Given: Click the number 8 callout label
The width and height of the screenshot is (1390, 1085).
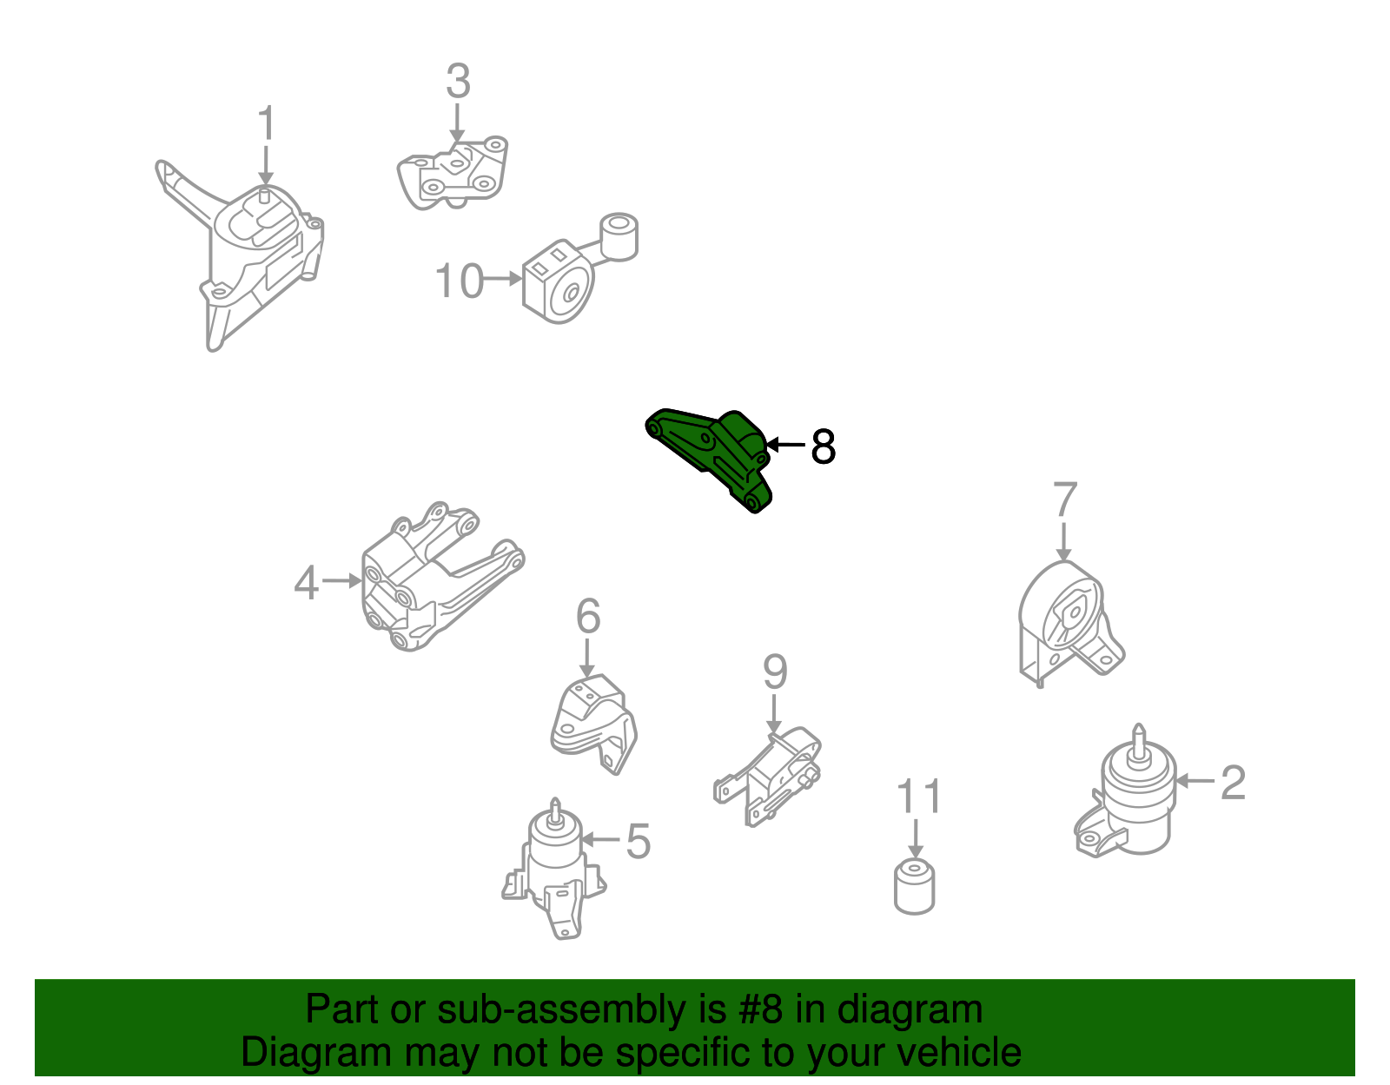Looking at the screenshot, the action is pos(823,446).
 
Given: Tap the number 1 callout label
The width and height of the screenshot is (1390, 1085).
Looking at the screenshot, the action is pos(266,122).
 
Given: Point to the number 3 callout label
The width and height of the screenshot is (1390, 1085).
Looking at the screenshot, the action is pos(458,81).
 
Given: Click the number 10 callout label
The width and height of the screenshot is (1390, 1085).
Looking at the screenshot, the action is pos(460,281).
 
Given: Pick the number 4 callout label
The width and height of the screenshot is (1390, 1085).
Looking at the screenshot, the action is pos(306,583).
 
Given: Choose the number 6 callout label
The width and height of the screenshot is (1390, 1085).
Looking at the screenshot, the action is pos(588,616).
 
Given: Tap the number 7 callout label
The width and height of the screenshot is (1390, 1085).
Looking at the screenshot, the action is pos(1064,499).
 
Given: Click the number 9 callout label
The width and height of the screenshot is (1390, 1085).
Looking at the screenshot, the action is pos(775,672).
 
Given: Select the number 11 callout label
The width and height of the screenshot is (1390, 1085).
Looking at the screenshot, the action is pos(918,796).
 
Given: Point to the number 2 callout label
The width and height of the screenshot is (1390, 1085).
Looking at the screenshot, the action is pos(1233,782).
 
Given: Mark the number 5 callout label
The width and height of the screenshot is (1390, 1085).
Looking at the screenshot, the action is pos(638,841).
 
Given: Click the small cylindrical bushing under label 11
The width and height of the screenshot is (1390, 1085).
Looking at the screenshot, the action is pos(914,887).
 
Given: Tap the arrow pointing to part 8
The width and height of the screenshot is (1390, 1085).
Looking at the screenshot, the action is pos(784,445).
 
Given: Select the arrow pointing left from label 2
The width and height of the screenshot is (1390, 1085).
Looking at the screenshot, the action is pos(1195,781).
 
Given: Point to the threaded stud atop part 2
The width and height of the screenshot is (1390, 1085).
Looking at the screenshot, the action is pos(1138,742).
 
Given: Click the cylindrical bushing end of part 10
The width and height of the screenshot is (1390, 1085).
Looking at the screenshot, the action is pos(619,236).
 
